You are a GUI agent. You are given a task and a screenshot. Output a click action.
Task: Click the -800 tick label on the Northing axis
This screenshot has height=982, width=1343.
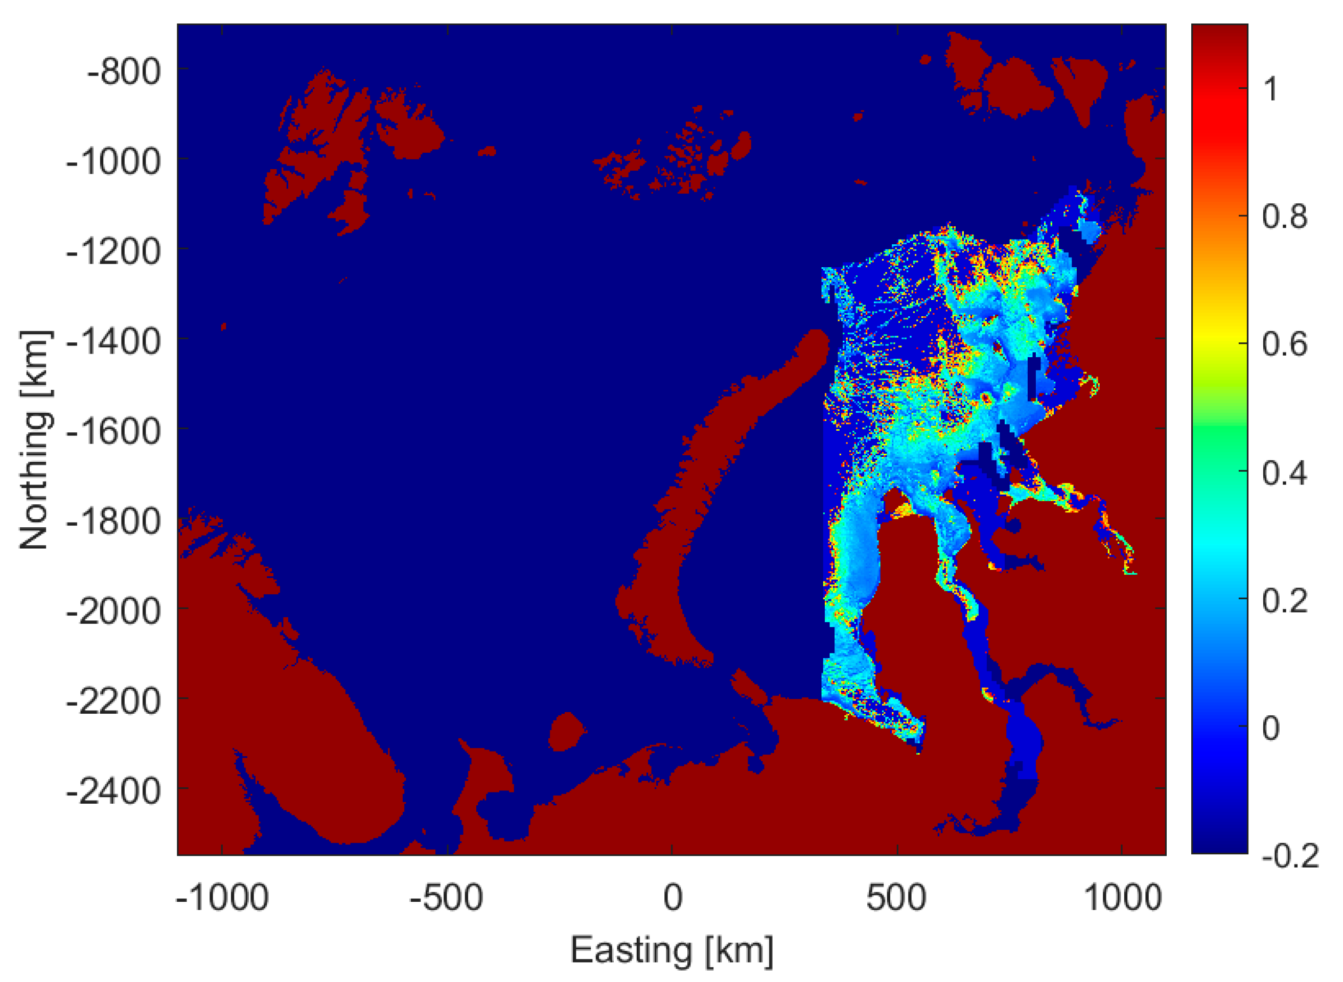point(124,72)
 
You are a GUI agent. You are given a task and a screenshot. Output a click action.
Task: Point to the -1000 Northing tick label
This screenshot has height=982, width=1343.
point(113,161)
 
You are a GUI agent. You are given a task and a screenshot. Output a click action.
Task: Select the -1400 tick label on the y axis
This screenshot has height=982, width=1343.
point(113,342)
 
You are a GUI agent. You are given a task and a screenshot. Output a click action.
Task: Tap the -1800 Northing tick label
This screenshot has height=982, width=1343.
point(113,522)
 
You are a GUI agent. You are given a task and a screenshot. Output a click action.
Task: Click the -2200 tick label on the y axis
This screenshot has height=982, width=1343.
point(113,702)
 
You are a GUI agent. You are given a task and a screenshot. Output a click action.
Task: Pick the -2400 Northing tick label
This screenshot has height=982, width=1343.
point(113,792)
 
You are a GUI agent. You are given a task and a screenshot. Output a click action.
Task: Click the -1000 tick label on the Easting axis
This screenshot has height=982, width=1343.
point(222,898)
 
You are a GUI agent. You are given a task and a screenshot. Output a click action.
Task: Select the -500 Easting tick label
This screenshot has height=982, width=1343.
point(447,898)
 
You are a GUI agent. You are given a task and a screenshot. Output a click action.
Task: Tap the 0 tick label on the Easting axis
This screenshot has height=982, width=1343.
point(673,898)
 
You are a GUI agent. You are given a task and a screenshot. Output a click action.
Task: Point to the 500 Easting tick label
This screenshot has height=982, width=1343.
point(896,898)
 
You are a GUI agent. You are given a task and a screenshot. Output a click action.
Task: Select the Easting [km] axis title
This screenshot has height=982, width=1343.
point(672,950)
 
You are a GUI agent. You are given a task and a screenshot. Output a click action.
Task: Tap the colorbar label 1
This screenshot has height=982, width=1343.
point(1270,90)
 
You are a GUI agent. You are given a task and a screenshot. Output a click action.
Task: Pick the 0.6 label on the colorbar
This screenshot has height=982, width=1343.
point(1284,345)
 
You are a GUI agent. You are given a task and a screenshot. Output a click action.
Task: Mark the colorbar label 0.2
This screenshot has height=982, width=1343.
point(1284,601)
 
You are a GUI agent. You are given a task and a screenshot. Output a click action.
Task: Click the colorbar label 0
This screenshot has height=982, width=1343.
point(1270,729)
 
